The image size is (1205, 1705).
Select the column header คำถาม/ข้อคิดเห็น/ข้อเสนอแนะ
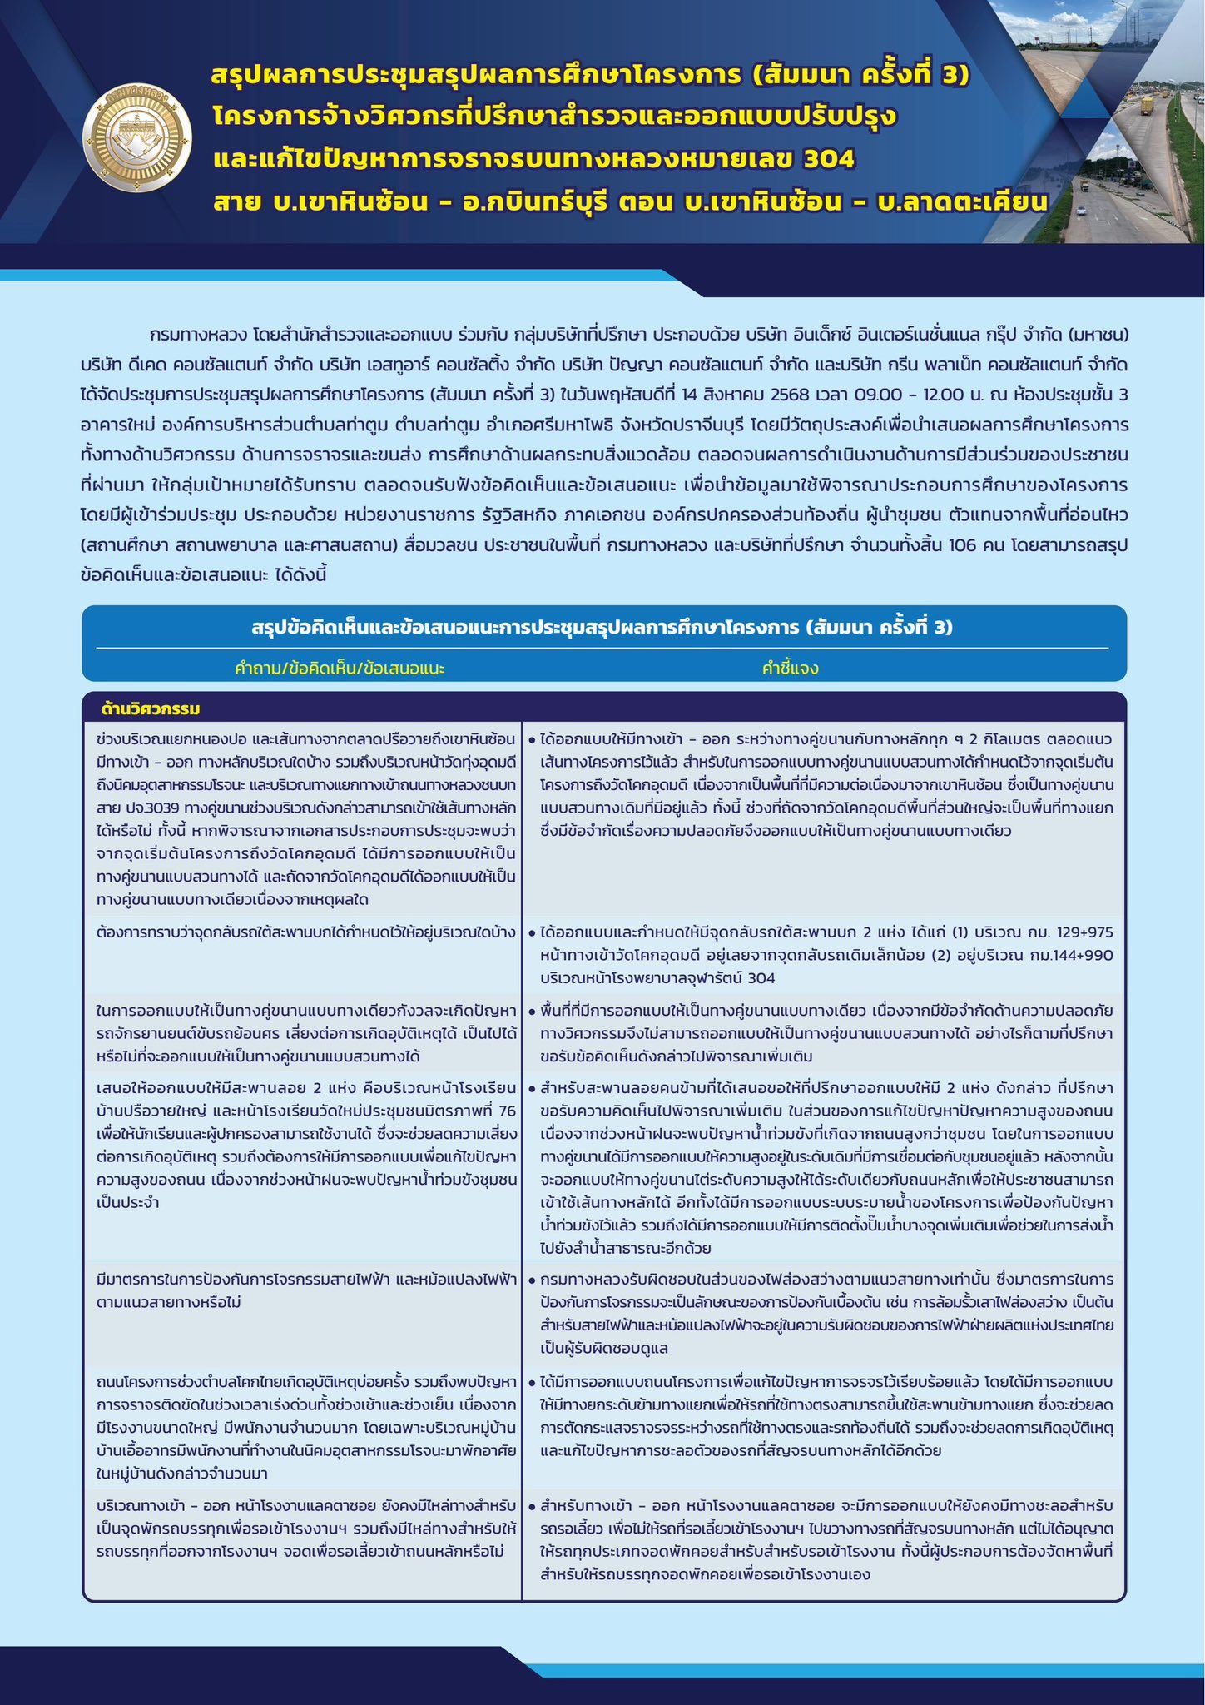coord(340,668)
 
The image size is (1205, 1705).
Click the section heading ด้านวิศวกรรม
coord(151,709)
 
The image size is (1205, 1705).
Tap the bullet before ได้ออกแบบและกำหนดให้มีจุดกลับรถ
coord(532,932)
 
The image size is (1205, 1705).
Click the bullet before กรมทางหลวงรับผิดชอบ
coord(532,1279)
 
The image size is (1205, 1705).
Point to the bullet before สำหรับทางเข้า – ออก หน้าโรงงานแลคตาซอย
coord(532,1506)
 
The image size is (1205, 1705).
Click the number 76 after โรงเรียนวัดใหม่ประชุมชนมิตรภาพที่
coord(507,1111)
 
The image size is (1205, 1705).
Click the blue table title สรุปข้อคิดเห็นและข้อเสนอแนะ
coord(602,627)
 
